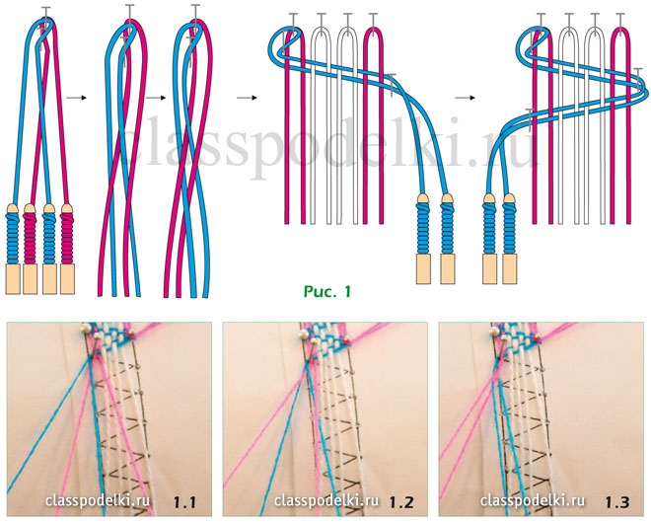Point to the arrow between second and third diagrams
point(155,98)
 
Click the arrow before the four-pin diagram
point(247,98)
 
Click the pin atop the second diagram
point(129,12)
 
